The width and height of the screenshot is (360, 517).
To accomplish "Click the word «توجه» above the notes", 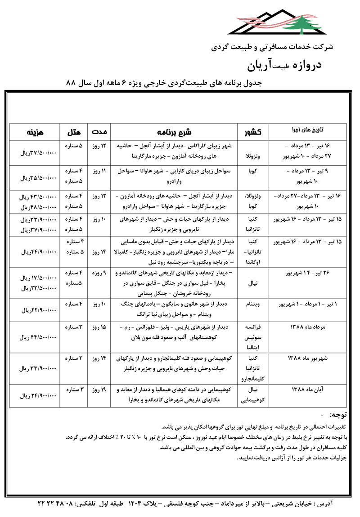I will (x=340, y=414).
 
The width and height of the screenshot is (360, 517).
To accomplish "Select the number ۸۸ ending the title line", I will (x=72, y=83).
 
